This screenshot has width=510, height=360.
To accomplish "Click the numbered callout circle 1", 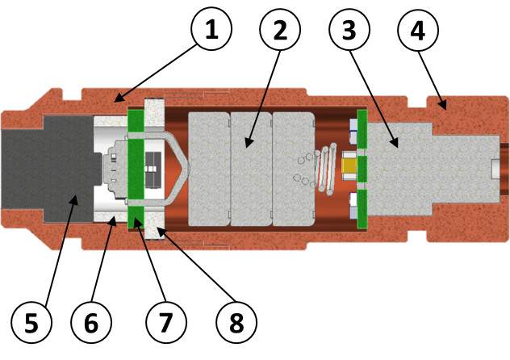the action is [x=211, y=29].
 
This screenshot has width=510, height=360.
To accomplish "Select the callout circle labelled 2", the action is [x=280, y=30].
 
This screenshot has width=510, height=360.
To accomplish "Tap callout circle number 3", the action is [x=349, y=30].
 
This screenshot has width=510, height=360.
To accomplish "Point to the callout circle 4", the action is [x=418, y=30].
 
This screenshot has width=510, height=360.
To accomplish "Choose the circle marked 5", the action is [x=31, y=322].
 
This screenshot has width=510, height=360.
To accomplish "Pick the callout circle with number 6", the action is [x=91, y=322].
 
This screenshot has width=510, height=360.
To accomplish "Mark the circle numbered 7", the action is [x=166, y=322].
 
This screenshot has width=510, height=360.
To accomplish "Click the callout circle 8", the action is [x=236, y=322].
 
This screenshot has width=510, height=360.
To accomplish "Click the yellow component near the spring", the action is [x=349, y=165].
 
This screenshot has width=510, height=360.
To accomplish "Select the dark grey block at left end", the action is [x=48, y=170].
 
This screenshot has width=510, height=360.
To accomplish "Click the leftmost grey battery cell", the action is [x=209, y=169].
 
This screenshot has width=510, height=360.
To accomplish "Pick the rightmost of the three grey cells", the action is [x=294, y=169].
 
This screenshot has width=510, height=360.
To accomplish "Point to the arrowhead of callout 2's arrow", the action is [x=249, y=143].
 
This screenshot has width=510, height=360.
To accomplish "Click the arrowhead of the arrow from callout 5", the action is [x=75, y=199].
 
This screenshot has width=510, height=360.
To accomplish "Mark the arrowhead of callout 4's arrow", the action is [x=442, y=104].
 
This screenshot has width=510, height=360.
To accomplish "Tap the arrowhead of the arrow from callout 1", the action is [x=119, y=98].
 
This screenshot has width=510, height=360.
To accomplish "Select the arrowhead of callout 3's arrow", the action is [x=395, y=142].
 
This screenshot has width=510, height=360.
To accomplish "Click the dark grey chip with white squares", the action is [x=153, y=170].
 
